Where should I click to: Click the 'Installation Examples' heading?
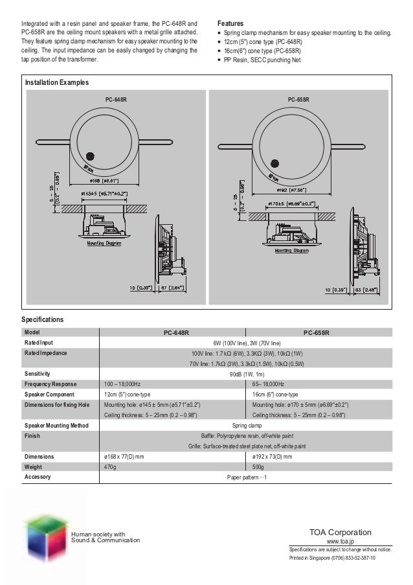[x=57, y=83]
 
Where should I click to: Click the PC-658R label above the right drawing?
[x=298, y=100]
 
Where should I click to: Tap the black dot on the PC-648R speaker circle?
[x=89, y=156]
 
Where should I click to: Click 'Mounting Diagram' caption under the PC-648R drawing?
[x=104, y=244]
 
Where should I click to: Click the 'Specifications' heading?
[x=43, y=320]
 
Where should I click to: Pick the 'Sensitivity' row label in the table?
[x=38, y=374]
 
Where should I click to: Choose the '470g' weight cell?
[x=111, y=466]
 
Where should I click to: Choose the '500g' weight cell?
[x=259, y=466]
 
